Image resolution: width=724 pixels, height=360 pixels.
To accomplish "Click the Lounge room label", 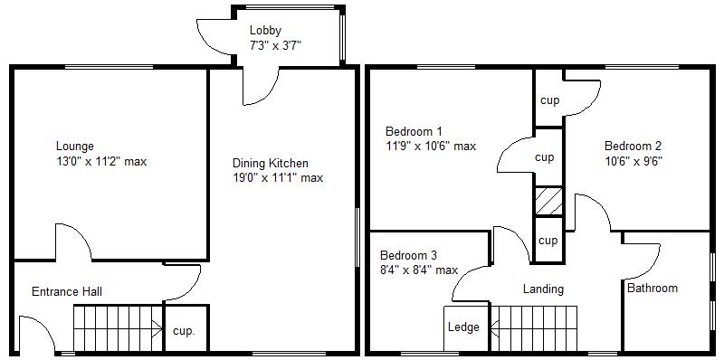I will point(74,147).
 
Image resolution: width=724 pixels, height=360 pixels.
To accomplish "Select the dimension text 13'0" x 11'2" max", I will point(100,162).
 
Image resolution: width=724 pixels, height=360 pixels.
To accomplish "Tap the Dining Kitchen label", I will point(270,164).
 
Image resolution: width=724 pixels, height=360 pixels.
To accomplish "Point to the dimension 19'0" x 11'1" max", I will point(278,178).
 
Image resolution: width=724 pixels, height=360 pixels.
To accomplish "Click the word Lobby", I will point(265,31).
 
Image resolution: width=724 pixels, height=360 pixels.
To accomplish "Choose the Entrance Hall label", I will point(66,291).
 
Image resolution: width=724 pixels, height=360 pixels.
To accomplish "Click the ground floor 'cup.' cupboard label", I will point(185,331).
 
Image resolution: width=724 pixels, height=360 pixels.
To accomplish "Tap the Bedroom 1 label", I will point(414,130).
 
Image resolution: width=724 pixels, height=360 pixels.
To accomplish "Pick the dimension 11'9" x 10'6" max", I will point(431,146).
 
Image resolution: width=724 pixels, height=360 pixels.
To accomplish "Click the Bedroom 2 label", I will point(633,147).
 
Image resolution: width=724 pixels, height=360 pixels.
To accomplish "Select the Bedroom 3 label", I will point(408,255).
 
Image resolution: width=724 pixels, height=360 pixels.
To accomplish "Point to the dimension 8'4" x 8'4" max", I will point(418,270).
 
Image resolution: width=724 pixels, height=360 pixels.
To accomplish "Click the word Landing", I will point(543,289).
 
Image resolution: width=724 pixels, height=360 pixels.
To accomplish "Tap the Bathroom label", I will point(653,289).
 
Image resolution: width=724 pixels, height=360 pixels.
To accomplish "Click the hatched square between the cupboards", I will point(548,201).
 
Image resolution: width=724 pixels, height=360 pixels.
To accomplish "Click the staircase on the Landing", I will point(534,327).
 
